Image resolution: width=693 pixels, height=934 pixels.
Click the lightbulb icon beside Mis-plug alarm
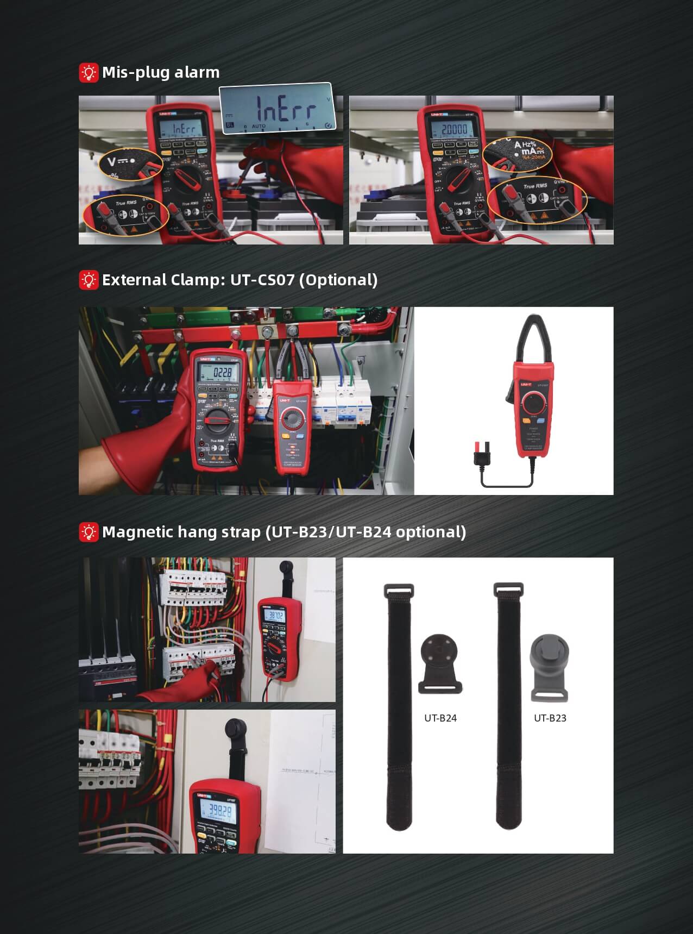(88, 73)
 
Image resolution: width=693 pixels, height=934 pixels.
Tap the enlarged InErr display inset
(276, 109)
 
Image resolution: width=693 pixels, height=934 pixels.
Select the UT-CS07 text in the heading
(262, 280)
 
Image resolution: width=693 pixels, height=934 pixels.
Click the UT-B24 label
(440, 718)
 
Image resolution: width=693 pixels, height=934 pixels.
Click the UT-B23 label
(550, 718)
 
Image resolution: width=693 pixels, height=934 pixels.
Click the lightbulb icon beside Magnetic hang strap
(88, 532)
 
